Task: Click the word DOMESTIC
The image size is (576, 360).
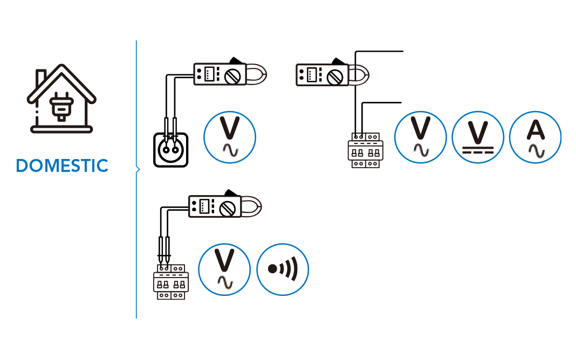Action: tap(63, 166)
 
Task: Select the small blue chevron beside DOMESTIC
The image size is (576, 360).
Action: tap(139, 170)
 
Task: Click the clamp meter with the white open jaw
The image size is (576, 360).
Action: tap(332, 75)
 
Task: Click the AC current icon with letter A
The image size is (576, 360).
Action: tap(535, 137)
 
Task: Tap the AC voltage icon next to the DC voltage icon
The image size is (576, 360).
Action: tap(421, 137)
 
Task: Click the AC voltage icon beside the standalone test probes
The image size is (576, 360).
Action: tap(230, 137)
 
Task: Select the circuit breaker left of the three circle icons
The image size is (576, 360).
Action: tap(366, 150)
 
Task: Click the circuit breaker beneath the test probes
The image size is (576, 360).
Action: tap(172, 281)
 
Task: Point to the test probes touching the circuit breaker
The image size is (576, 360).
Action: tap(164, 250)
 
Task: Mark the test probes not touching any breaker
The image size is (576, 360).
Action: tap(170, 130)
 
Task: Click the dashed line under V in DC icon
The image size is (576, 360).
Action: tap(478, 151)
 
